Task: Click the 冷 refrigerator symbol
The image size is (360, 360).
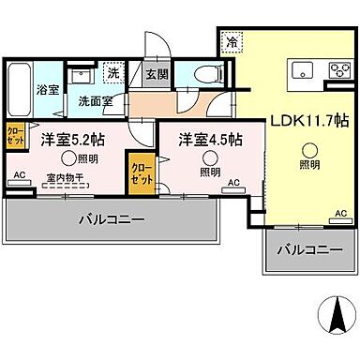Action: tap(230, 41)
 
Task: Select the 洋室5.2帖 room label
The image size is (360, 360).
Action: tap(72, 140)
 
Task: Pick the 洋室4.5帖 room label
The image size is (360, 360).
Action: tap(210, 140)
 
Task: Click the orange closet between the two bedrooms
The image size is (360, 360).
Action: tap(141, 177)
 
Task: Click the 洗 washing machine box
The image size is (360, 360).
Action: tap(113, 73)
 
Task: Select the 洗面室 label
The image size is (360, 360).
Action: tap(95, 100)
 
